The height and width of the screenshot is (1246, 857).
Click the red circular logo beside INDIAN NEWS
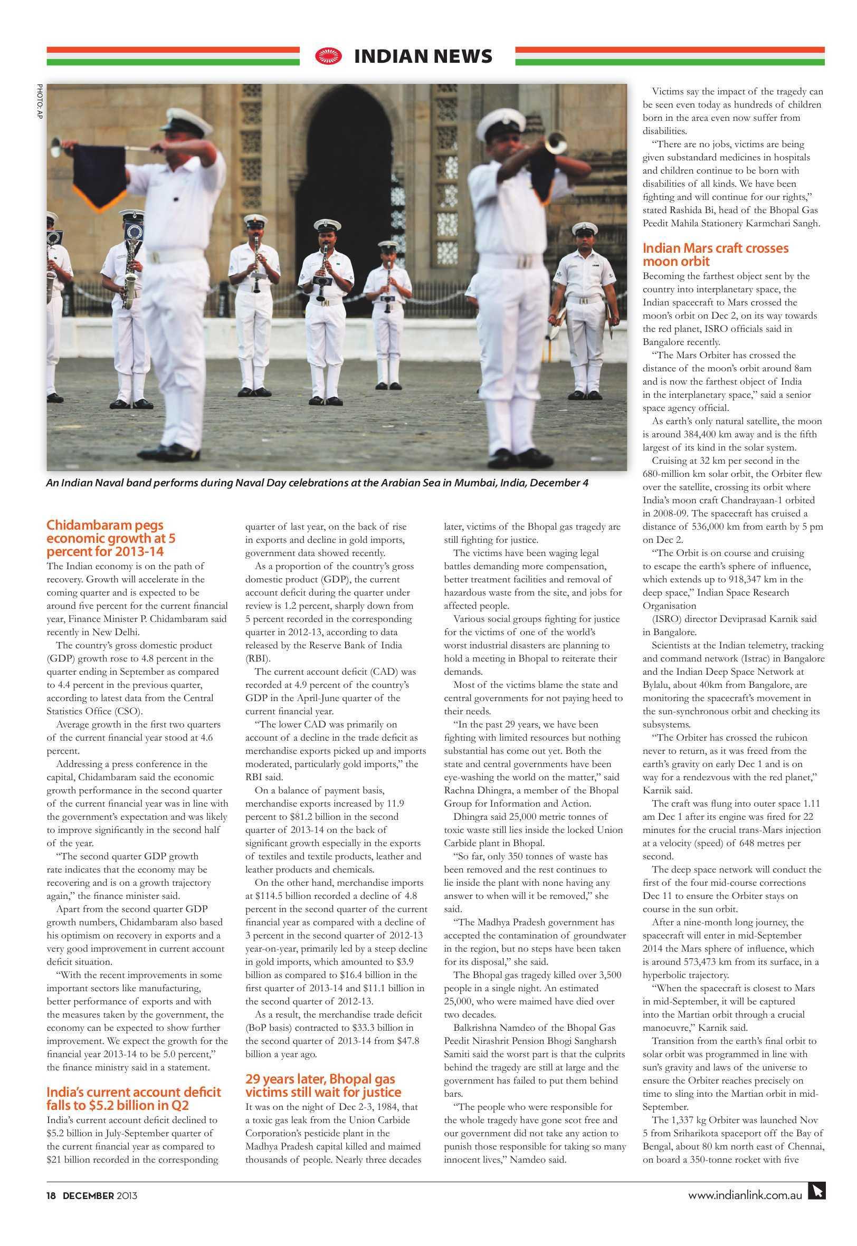(328, 56)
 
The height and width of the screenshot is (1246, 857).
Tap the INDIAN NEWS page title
(423, 56)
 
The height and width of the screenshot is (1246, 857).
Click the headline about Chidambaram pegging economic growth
(111, 538)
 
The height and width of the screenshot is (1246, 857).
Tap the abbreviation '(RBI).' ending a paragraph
(258, 658)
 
